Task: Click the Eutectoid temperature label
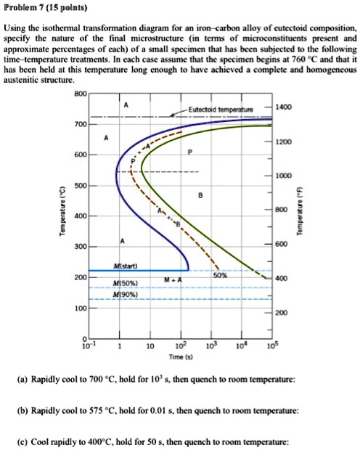(220, 110)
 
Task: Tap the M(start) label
(127, 267)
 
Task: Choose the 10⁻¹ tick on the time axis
(88, 347)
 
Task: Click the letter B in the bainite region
(200, 195)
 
